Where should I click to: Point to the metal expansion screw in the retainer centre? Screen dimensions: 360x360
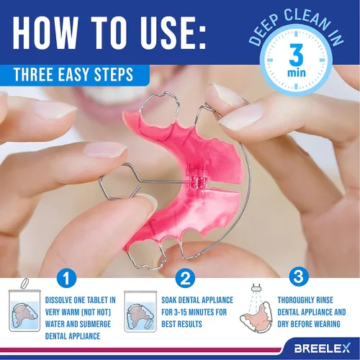pos(193,173)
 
